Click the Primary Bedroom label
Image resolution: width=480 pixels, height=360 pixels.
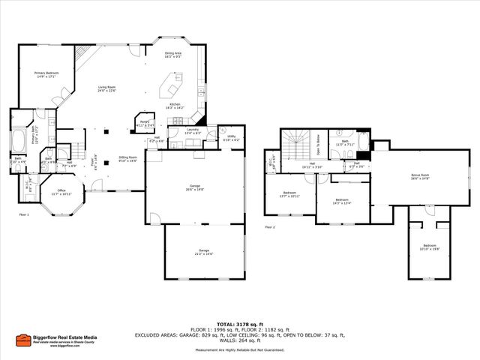[46, 73]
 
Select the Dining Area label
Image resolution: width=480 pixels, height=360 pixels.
[173, 54]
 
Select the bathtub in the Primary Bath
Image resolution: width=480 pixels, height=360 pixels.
[17, 139]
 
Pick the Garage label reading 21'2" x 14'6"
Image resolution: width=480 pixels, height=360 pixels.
[203, 252]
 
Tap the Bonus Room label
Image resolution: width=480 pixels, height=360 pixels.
[420, 177]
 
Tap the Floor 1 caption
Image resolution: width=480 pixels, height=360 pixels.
[24, 214]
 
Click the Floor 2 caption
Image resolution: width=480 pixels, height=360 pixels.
[270, 226]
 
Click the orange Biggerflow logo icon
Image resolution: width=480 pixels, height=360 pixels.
[24, 339]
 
